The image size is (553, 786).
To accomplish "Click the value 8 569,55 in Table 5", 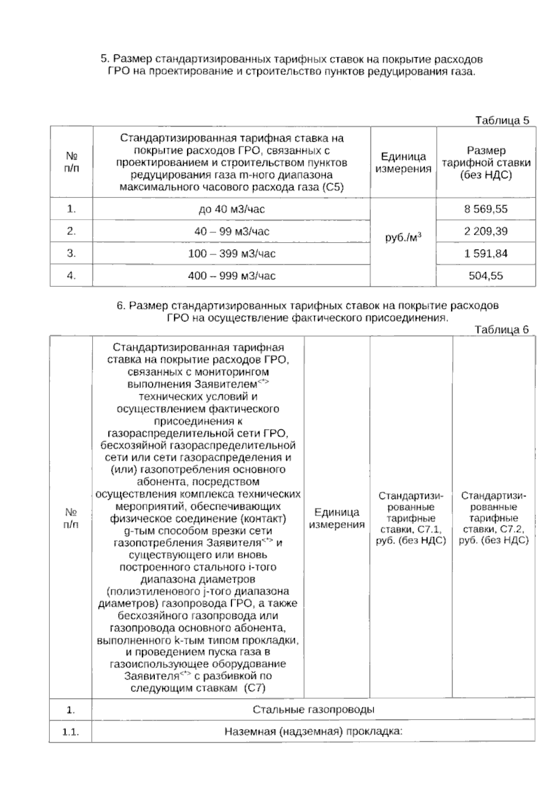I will [x=486, y=209].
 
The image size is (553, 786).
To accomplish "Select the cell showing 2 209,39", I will [x=486, y=231].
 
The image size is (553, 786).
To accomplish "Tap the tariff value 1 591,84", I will [x=486, y=253].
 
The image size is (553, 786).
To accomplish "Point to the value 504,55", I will [x=486, y=276].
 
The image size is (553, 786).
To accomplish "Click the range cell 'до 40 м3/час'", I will [x=231, y=210].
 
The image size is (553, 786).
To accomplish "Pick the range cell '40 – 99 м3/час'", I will [x=231, y=231].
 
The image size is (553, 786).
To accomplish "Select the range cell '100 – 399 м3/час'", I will [x=231, y=253].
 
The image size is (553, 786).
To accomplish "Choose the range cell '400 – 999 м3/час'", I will [x=231, y=276].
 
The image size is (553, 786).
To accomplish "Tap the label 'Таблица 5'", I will [x=502, y=121].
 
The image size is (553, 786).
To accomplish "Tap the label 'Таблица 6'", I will [x=502, y=330].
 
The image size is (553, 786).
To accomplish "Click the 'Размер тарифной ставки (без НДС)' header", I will [x=486, y=163].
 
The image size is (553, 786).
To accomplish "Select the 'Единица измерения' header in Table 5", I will [x=403, y=163].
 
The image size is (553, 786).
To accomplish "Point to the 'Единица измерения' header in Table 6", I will [x=336, y=518].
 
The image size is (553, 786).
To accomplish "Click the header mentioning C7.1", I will [x=411, y=518].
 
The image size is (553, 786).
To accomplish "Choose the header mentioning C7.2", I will [x=494, y=518].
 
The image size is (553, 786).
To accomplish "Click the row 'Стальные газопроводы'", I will [x=313, y=710].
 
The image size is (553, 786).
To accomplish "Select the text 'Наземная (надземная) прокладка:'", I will [x=313, y=731].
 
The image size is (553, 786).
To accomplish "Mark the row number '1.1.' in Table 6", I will [x=71, y=732].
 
